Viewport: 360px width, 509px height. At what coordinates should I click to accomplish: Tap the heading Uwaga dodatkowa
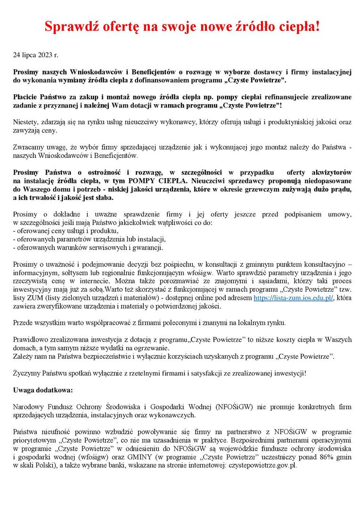[43, 390]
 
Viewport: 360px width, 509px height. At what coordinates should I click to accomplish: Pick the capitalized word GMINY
[139, 457]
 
